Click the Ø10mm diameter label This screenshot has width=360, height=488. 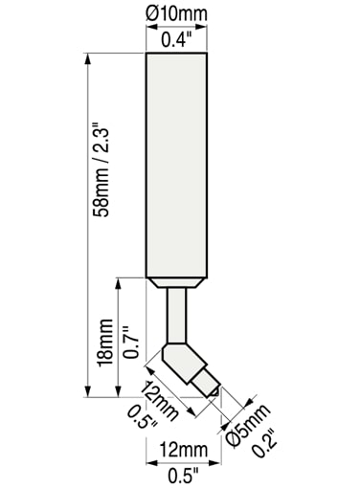(x=176, y=13)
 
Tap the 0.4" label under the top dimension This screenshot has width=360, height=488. (x=176, y=40)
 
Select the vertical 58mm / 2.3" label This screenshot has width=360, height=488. (x=102, y=168)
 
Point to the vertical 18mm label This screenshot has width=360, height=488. (x=106, y=343)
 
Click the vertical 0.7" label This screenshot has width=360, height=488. (x=131, y=343)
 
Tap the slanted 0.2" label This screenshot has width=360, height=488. (x=265, y=444)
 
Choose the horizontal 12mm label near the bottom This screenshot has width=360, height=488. (x=184, y=449)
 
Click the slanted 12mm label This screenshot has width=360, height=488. (x=159, y=401)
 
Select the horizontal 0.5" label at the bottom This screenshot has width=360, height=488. (x=183, y=477)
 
